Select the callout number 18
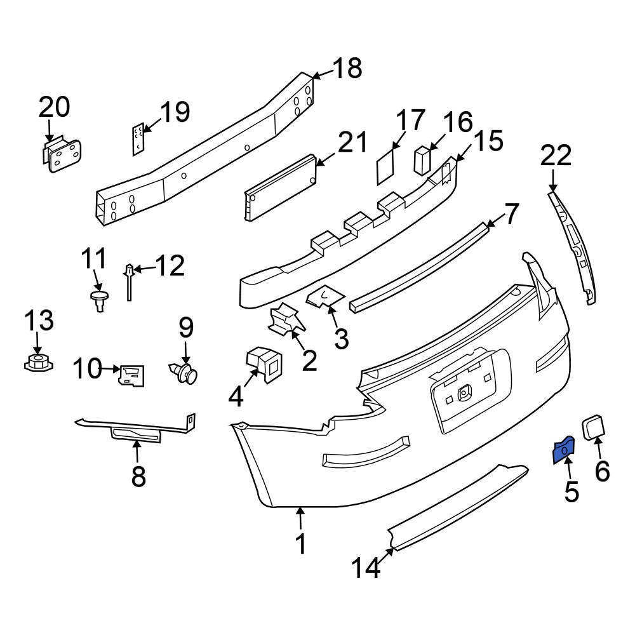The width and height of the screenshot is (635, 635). (347, 69)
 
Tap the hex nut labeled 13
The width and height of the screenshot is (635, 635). (37, 364)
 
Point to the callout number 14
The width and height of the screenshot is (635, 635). (368, 567)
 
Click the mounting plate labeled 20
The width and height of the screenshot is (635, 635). (60, 154)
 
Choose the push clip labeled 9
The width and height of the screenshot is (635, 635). (185, 373)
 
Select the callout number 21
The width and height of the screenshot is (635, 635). (352, 144)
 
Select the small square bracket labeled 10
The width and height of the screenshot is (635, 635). (131, 375)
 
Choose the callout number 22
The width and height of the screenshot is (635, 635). (556, 156)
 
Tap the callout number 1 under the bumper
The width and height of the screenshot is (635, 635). (301, 544)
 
